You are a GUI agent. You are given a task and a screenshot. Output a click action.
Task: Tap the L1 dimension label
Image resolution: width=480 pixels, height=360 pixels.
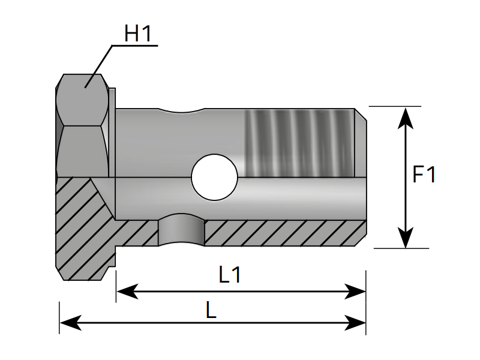[230, 275]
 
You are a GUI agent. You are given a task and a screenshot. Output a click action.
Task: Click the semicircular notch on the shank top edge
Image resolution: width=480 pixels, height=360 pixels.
[182, 112]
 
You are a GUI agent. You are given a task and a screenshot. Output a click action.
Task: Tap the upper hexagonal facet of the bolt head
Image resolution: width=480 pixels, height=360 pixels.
[84, 99]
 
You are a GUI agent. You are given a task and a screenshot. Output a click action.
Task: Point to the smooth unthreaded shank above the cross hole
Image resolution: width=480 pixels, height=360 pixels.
[180, 138]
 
